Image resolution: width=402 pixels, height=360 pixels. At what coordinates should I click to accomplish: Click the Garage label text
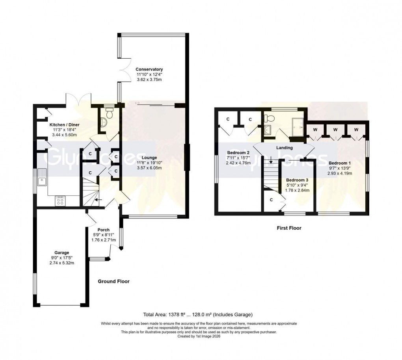(62, 252)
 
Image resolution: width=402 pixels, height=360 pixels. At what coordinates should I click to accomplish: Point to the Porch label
(103, 230)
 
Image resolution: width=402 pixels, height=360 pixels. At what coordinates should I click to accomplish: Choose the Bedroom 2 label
(238, 152)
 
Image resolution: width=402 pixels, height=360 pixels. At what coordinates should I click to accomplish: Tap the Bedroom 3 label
(298, 180)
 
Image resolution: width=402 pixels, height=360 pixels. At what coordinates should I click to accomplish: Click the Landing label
(284, 148)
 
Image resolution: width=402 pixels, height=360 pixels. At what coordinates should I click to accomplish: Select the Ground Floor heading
(114, 281)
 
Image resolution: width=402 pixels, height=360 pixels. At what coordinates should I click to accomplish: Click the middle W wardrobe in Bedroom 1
(335, 129)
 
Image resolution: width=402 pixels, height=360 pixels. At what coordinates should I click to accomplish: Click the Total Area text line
(197, 314)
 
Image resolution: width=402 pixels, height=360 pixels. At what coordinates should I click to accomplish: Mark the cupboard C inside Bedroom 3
(272, 200)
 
